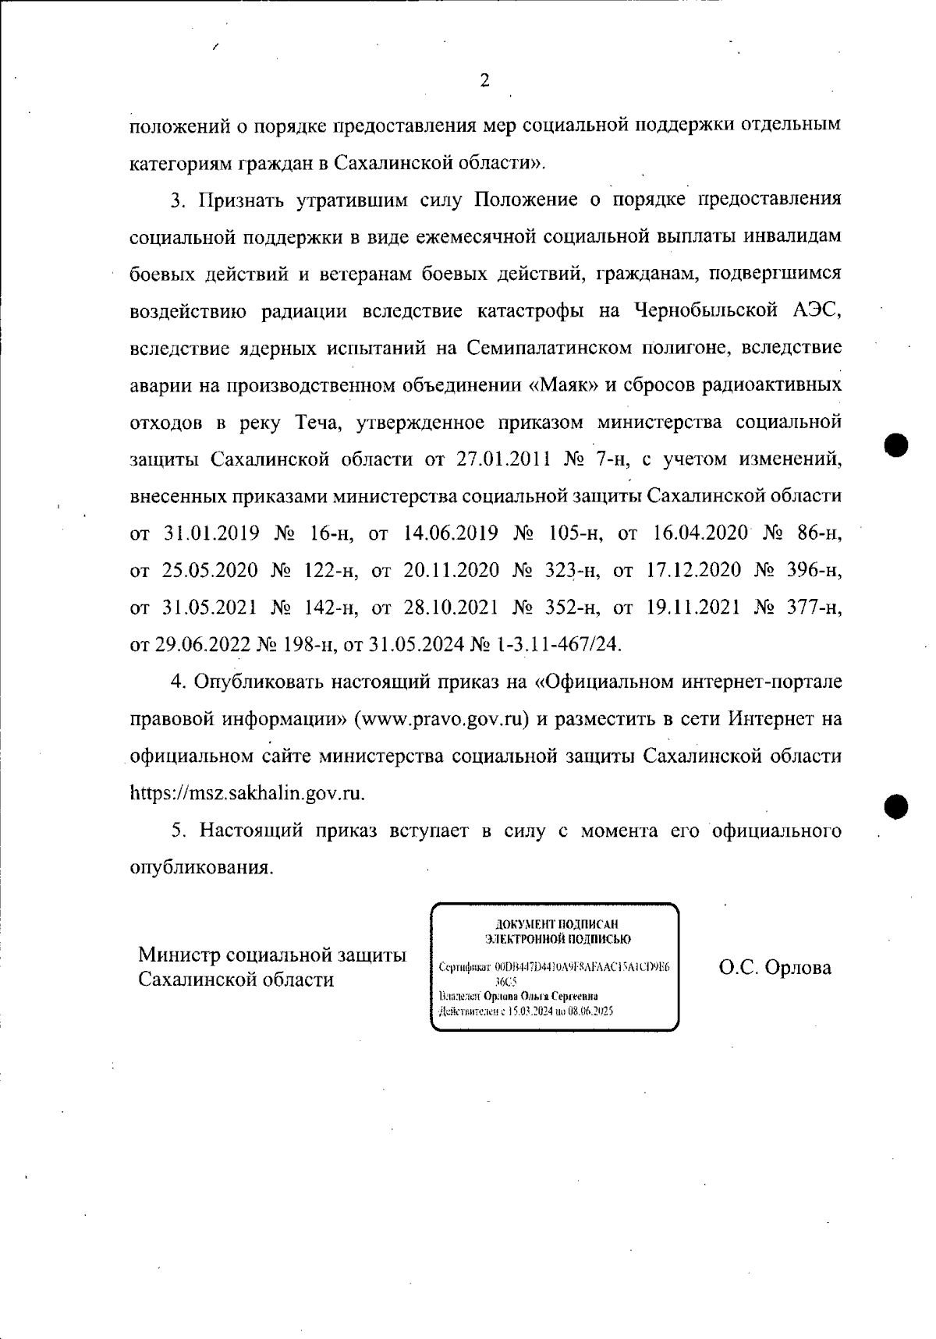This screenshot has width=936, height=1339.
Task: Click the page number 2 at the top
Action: pos(484,81)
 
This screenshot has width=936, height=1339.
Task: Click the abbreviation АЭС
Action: pos(817,311)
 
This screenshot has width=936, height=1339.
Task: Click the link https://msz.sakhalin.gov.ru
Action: pos(246,794)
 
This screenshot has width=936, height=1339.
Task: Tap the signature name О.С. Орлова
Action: pos(775,968)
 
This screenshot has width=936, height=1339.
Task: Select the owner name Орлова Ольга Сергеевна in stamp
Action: pos(541,997)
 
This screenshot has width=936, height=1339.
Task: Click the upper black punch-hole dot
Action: pos(898,446)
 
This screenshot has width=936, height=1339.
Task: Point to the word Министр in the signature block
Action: pos(178,955)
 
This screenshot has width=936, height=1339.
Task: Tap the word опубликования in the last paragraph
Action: pos(200,868)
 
